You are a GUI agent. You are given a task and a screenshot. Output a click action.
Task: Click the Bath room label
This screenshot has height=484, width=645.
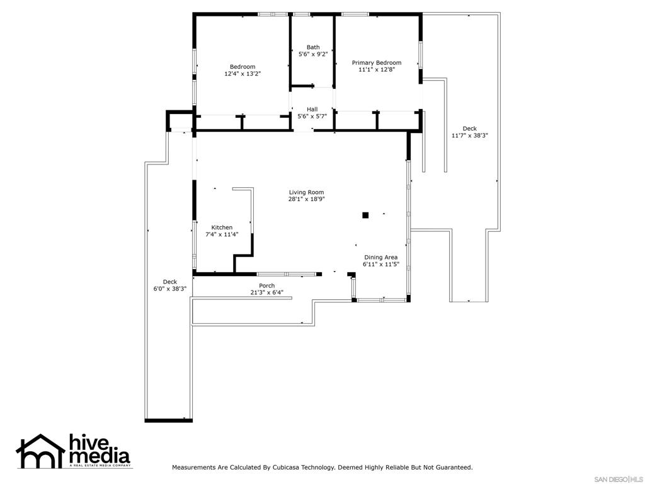point(313,47)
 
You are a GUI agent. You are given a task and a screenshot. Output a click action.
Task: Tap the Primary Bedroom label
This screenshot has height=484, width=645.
point(376,62)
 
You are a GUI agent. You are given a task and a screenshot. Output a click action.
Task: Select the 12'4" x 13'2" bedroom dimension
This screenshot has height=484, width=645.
point(243,74)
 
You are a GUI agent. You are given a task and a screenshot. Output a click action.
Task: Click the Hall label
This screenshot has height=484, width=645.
point(312,109)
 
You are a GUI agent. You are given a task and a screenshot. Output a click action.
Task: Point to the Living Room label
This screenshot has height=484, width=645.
point(306,192)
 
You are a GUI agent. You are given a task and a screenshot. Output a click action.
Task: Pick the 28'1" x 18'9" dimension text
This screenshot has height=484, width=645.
point(306,199)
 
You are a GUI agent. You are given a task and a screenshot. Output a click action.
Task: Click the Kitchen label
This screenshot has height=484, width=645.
point(222,228)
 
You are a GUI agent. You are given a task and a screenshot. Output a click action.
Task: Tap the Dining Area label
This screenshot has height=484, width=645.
point(380,257)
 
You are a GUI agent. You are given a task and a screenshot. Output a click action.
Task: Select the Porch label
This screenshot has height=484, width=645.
point(266,285)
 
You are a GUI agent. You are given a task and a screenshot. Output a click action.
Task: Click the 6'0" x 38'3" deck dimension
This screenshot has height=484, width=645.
point(170,289)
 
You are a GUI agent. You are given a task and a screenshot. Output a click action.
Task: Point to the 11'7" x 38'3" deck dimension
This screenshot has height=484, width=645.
point(469,135)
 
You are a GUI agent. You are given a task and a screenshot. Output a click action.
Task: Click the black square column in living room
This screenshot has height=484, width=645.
point(365,216)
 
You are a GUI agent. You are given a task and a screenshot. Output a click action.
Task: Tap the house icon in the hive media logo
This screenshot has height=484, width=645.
point(41,451)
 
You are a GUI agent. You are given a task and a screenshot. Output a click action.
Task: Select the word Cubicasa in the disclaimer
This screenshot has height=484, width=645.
point(288,468)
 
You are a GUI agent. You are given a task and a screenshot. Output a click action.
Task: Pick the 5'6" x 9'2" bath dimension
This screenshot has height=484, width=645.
point(313,54)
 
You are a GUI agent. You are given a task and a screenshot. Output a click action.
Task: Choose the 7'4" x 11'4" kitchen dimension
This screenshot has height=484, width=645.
point(222,234)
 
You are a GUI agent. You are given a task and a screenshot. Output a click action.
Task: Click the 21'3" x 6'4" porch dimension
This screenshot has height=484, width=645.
point(266,292)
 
